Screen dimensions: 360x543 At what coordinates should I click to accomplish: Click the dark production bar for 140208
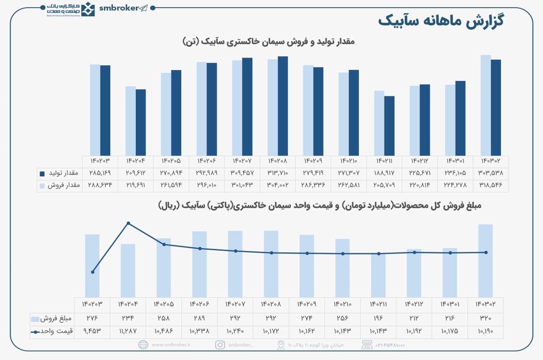pos(283,106)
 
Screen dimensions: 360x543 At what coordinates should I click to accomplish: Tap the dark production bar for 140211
pos(389,126)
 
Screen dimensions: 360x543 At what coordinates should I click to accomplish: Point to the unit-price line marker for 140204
pos(128,223)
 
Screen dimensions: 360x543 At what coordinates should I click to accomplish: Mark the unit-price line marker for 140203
pos(92,272)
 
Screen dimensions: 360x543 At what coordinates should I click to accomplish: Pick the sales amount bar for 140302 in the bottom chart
pos(485,261)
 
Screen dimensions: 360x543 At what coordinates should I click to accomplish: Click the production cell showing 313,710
pos(277,173)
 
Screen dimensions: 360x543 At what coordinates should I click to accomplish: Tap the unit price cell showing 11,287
pos(128,331)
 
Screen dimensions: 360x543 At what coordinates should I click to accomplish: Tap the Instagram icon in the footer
pos(220,345)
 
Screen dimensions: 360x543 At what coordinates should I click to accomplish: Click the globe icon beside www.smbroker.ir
pos(143,345)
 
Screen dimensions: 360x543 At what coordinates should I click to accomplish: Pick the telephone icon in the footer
pos(367,345)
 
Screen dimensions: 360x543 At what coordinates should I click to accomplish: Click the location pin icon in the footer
pos(281,345)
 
